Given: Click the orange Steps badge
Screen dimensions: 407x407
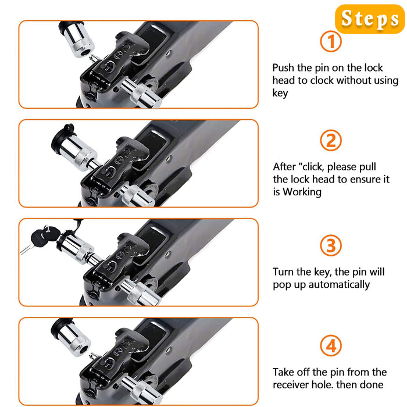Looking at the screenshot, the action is coord(370,19).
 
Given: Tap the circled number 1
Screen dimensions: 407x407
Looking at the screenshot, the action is coord(331,41).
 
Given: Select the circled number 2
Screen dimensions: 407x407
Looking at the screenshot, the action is coord(331,141).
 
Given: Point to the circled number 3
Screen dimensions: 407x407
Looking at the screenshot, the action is coord(331,245).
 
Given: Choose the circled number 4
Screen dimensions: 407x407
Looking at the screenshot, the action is coord(331,346).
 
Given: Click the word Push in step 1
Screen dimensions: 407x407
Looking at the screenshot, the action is coord(283,68).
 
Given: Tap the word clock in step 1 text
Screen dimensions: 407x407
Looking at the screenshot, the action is coord(322,80).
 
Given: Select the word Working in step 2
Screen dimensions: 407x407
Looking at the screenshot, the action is coord(302,192).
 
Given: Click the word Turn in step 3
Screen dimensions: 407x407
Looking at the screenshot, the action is coord(283,272).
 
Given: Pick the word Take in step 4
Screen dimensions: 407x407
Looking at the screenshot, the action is coord(283,372).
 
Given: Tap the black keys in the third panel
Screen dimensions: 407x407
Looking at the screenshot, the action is coord(42,236).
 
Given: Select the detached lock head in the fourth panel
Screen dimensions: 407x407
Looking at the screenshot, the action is coord(71,337).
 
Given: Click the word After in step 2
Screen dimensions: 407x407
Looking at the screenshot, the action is coord(284,167).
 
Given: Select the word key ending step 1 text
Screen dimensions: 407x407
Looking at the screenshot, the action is coord(280,93).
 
